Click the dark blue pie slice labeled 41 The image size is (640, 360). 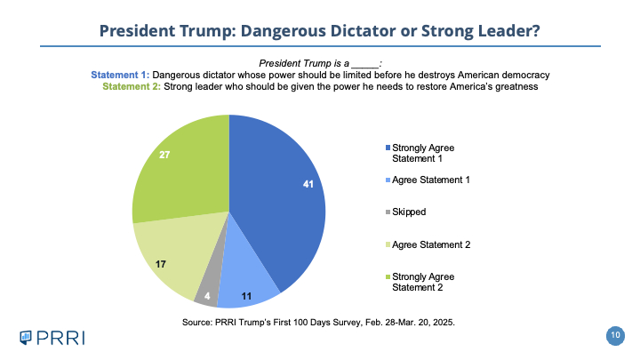tap(276, 196)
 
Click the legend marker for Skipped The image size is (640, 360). tap(388, 212)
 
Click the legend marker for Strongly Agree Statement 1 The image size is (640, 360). tap(388, 147)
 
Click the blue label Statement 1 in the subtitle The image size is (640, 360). tap(122, 74)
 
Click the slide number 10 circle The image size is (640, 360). tap(614, 334)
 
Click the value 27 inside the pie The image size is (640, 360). tap(164, 154)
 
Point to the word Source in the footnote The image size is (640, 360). tap(199, 320)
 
